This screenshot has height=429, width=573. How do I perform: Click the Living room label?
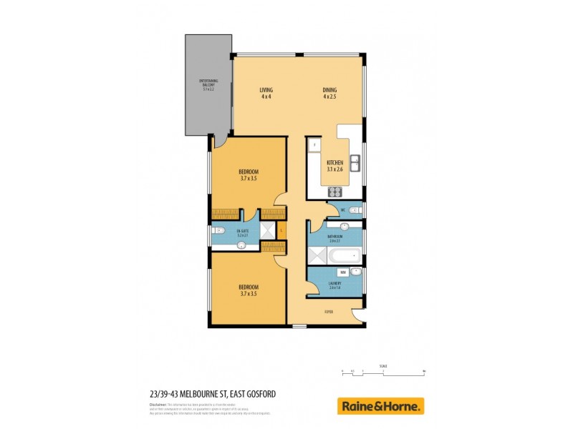(266, 93)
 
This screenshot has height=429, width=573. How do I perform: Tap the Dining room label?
(329, 93)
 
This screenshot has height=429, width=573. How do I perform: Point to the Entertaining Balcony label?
(208, 85)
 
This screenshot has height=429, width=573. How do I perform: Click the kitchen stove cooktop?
(334, 191)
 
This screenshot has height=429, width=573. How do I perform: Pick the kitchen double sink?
(354, 162)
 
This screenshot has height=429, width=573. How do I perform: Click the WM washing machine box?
(344, 272)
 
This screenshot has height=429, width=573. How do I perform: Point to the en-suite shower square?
(266, 230)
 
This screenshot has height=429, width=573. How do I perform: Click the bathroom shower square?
(314, 255)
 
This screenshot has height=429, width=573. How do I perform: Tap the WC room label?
(344, 209)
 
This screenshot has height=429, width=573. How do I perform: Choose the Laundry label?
(334, 284)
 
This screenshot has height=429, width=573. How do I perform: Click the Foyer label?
(329, 311)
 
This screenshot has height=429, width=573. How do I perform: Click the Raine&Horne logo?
(380, 406)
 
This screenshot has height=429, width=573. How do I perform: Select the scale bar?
(383, 373)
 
